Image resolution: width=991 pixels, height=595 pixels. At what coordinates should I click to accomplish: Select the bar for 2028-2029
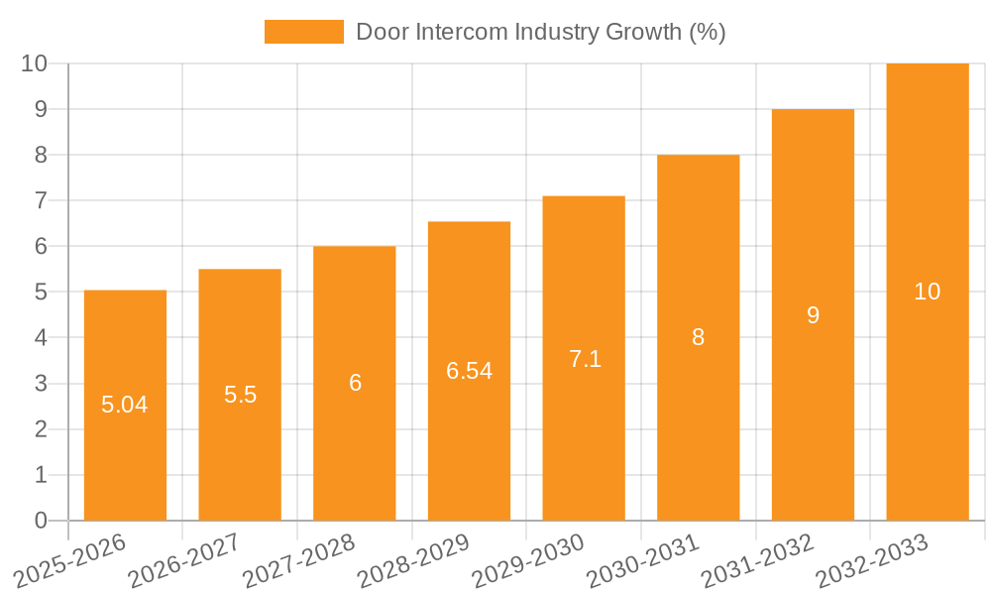[x=469, y=446]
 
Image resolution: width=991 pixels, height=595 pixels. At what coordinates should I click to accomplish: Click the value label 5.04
[x=125, y=405]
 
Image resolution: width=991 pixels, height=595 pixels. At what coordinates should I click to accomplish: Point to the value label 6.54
[x=469, y=371]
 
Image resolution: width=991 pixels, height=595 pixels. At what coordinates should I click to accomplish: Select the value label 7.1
[x=585, y=359]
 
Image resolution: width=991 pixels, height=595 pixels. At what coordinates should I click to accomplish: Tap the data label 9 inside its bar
[x=813, y=315]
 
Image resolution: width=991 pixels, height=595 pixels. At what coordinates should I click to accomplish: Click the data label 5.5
[x=240, y=395]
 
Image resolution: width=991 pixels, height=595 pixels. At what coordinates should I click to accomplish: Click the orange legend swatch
[x=303, y=32]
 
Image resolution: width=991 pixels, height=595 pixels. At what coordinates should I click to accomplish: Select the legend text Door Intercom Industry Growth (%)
[x=541, y=32]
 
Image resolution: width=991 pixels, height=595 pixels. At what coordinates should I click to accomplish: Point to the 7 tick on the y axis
[x=41, y=200]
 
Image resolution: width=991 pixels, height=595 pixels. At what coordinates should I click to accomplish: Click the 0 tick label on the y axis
[x=41, y=521]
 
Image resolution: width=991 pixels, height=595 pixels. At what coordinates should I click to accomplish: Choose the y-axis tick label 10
[x=35, y=63]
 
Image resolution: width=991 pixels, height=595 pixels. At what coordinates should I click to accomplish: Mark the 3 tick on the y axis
[x=41, y=384]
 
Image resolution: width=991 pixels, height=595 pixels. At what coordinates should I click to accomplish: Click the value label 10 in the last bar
[x=927, y=292]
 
